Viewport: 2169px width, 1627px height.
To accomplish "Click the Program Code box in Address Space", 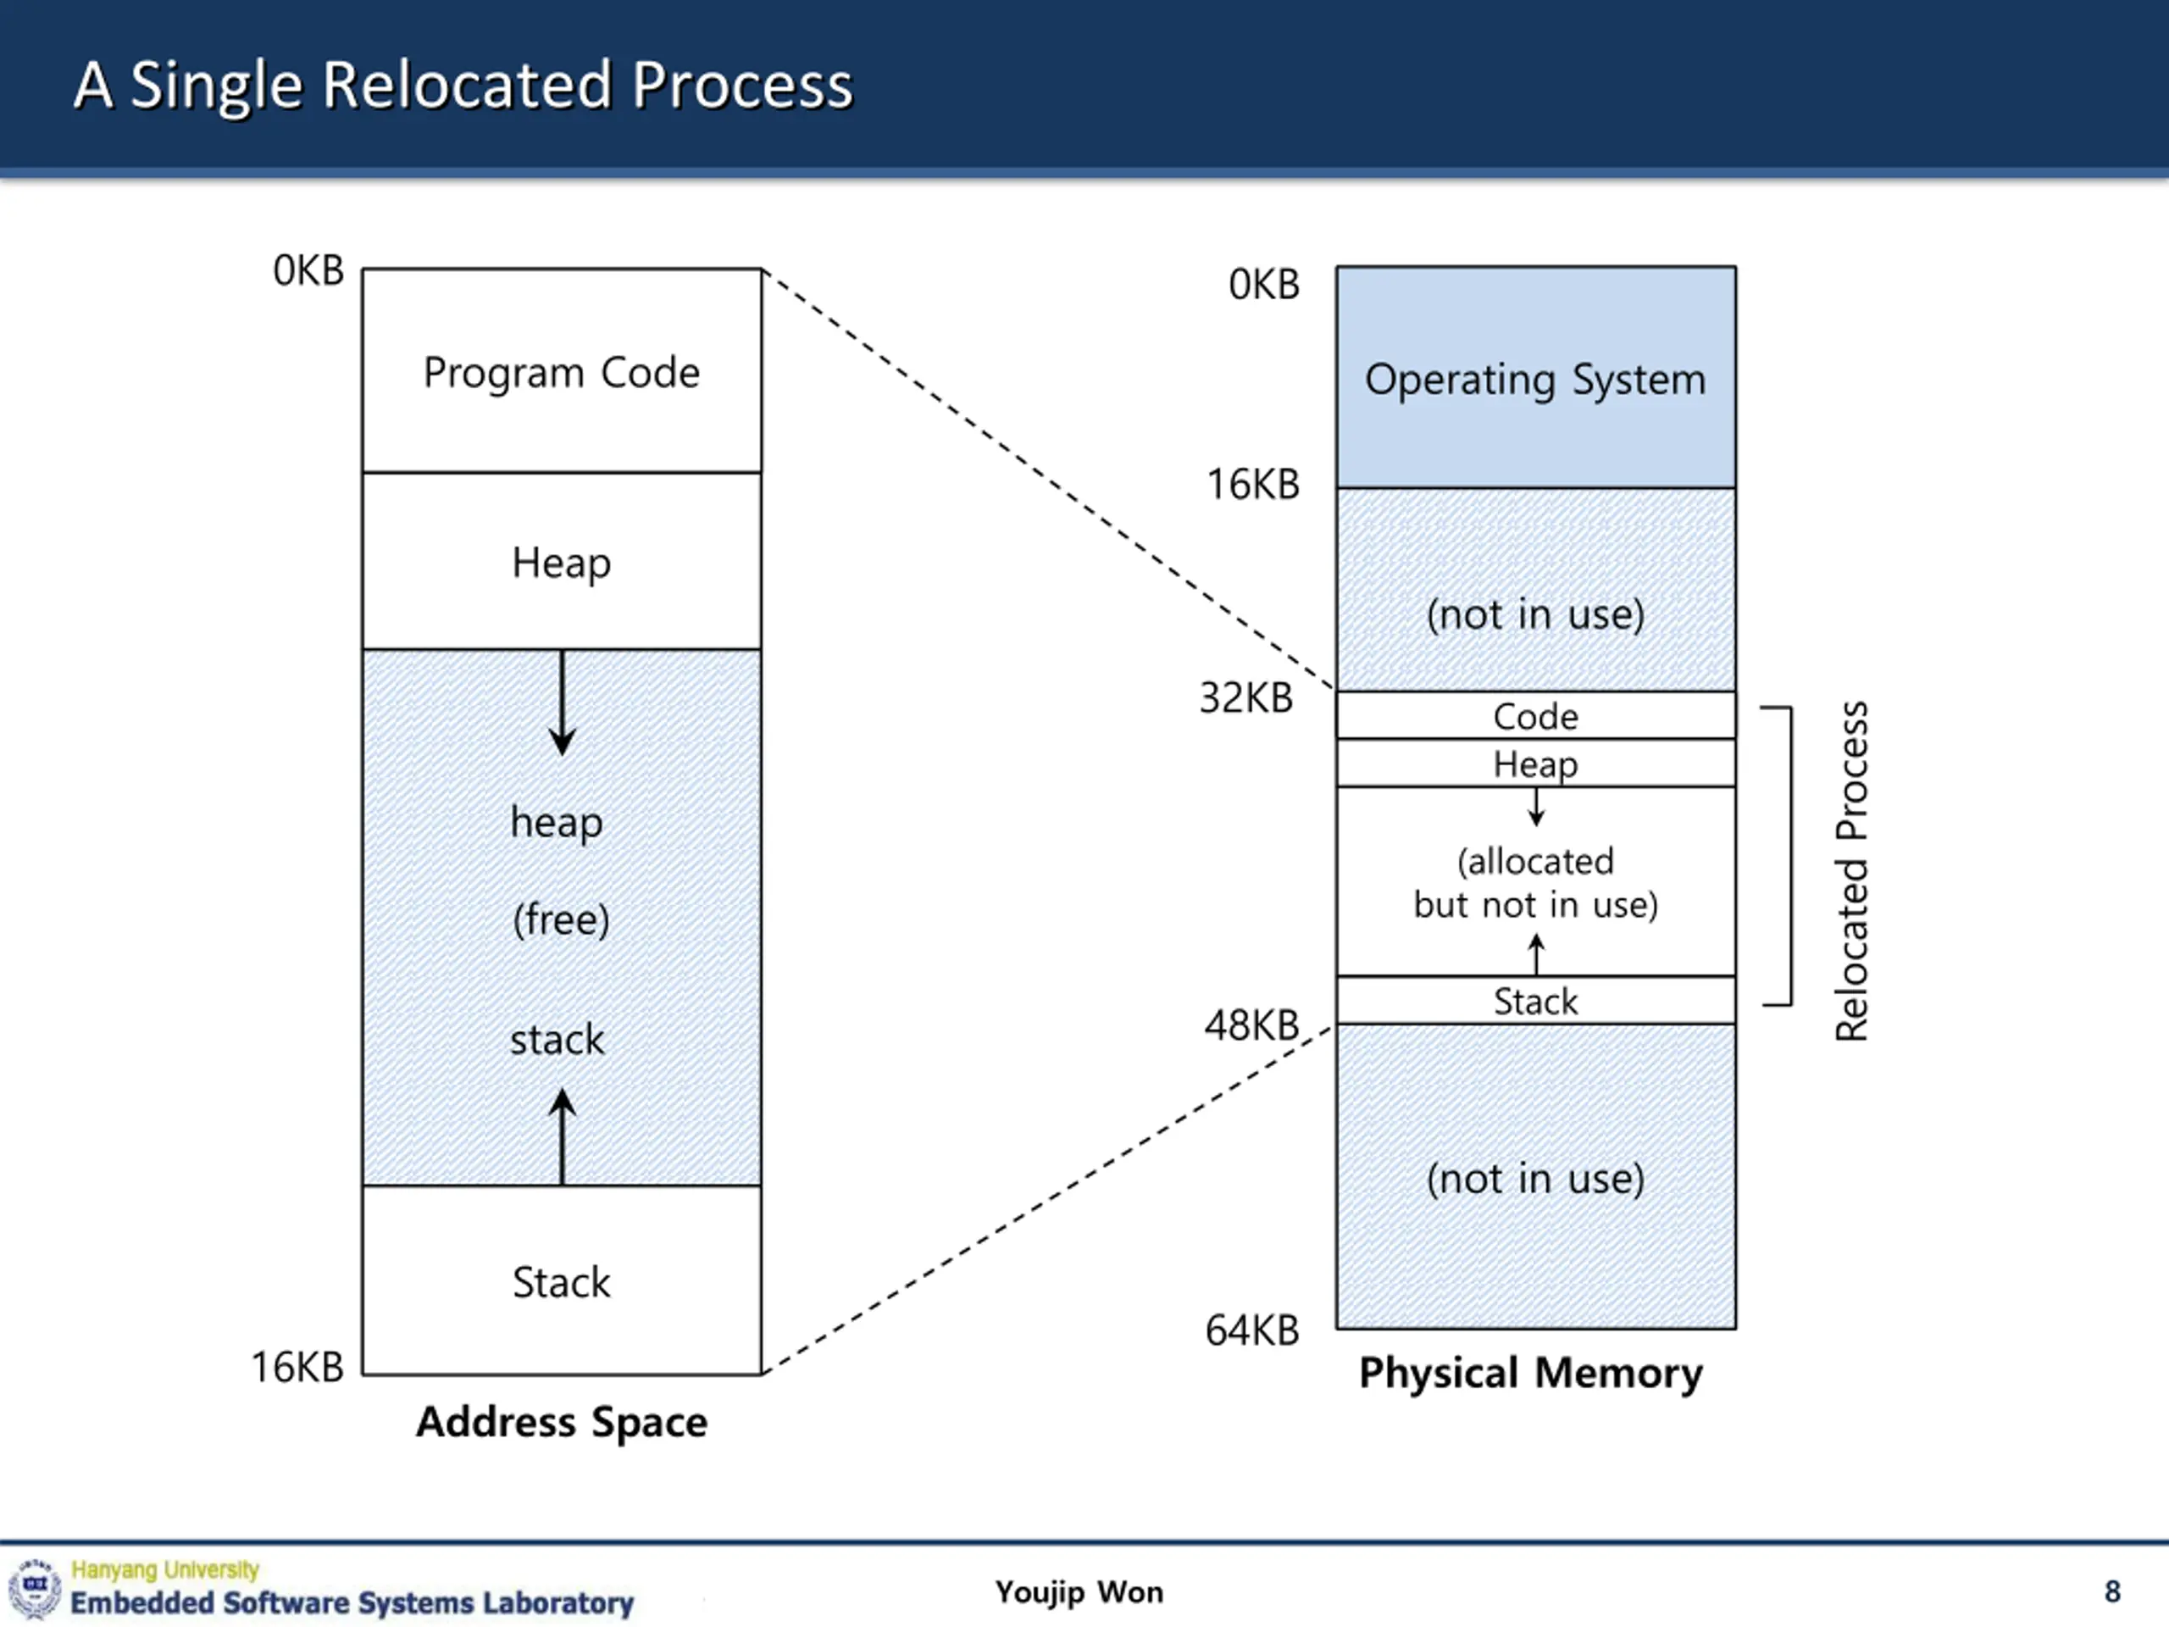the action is (562, 370).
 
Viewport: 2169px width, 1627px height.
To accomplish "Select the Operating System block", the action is (1535, 378).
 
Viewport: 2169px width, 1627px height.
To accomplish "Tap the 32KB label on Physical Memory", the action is (1246, 698).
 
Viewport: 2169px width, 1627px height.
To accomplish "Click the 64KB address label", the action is (1251, 1330).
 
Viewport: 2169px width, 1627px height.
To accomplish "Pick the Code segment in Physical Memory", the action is (1535, 716).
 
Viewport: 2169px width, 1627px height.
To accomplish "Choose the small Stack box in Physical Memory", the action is (1535, 1000).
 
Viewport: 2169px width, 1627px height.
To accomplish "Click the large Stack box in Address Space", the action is (562, 1280).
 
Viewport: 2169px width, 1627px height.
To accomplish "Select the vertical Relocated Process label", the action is (1851, 871).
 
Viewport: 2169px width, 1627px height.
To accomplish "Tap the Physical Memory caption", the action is (1531, 1373).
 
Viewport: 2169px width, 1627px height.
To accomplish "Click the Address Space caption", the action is (562, 1422).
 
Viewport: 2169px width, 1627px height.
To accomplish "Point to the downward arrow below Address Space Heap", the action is (562, 702).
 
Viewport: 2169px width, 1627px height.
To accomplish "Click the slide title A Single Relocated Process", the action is (463, 86).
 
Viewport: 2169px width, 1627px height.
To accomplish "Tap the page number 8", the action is (2112, 1591).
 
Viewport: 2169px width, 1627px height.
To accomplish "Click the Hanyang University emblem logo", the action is (36, 1588).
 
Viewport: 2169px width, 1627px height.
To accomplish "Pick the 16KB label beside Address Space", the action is (298, 1367).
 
